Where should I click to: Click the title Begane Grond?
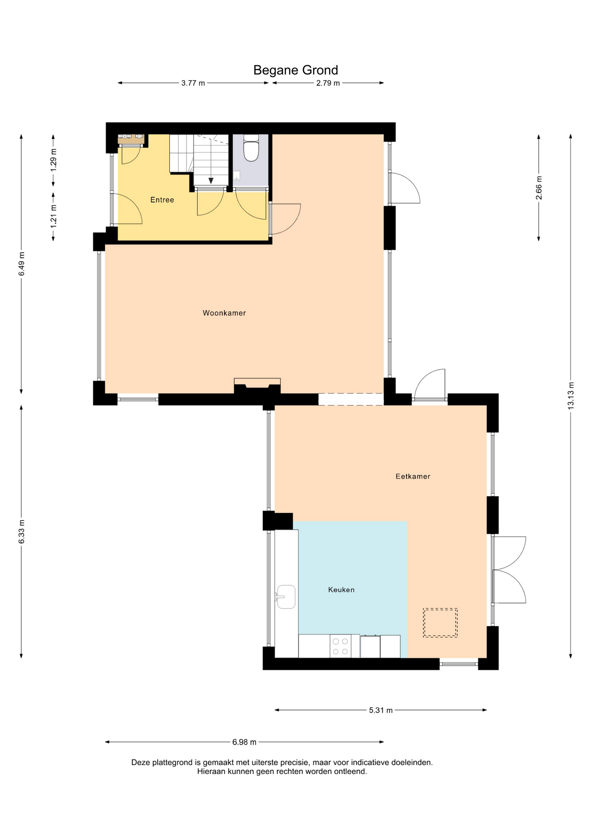coord(296,70)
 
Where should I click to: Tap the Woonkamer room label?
coord(224,313)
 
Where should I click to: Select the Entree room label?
coord(162,200)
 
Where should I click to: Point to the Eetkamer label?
coord(413,476)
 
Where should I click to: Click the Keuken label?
coord(341,590)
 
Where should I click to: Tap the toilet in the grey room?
coord(251,148)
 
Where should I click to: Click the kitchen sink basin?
coord(286,597)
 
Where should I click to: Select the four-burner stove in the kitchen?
coord(340,646)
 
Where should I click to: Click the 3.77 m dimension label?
coord(193,83)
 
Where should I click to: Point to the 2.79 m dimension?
coord(328,83)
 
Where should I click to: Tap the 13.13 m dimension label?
coord(571,395)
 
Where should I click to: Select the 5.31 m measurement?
coord(381,710)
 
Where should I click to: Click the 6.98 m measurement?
coord(244,742)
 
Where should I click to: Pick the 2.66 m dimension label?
coord(539,188)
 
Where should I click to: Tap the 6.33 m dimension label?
coord(21,532)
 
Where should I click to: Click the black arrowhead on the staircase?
coord(211,180)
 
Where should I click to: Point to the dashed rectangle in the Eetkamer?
coord(440,623)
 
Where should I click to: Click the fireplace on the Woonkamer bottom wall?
coord(257,386)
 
